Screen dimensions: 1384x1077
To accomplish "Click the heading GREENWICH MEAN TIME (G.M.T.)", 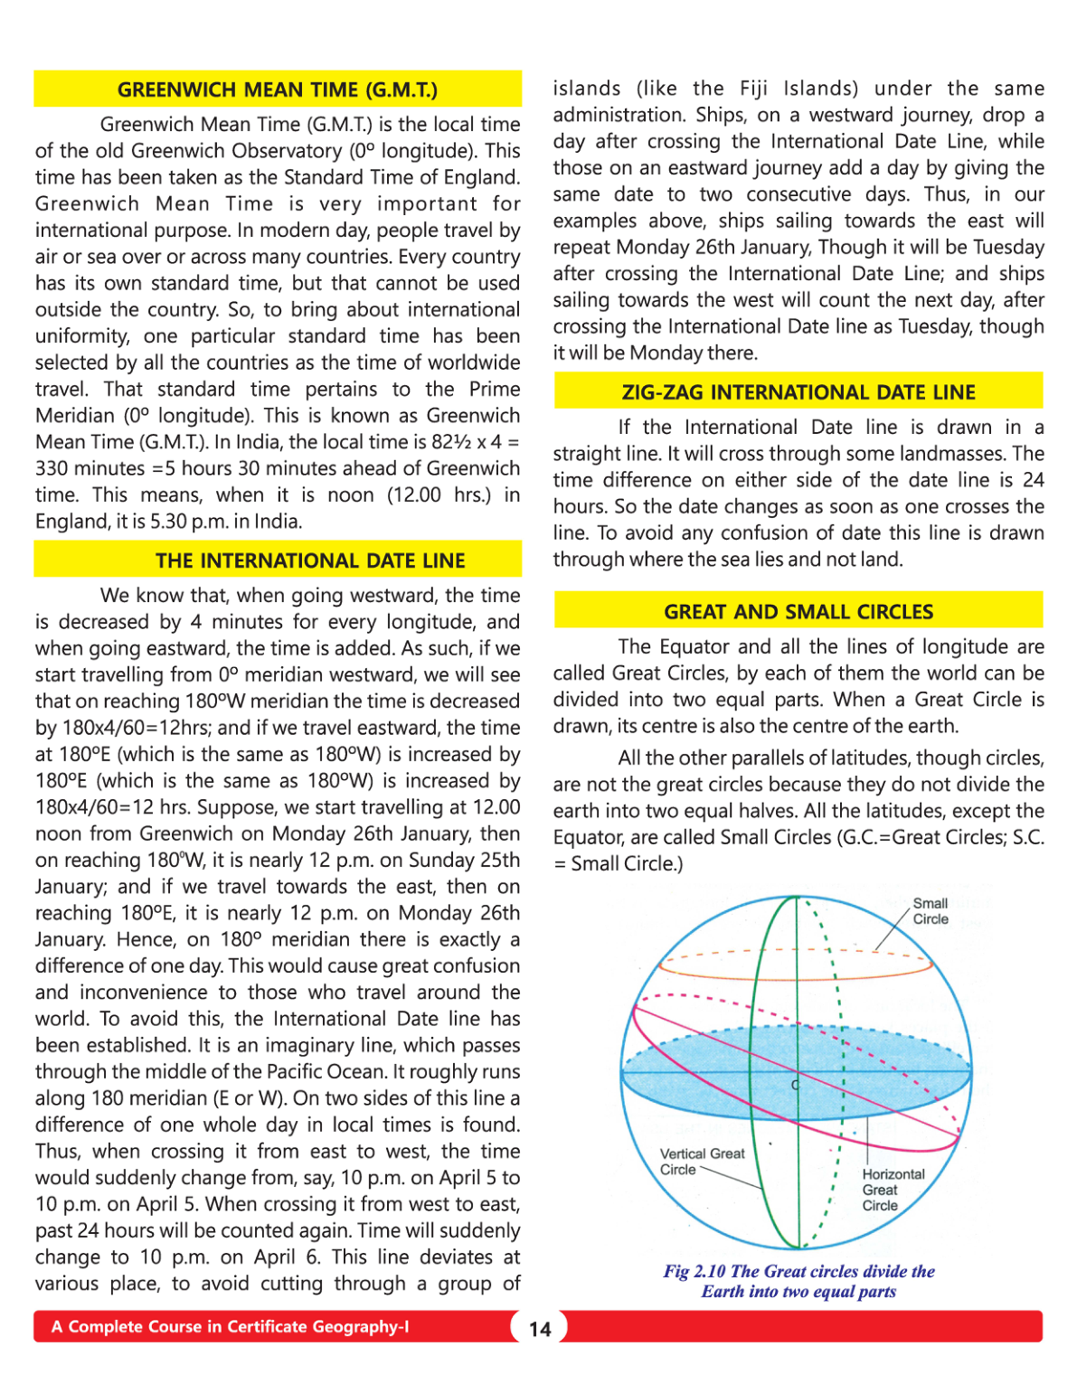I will coord(277,89).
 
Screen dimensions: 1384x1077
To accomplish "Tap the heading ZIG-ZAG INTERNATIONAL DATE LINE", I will coord(798,392).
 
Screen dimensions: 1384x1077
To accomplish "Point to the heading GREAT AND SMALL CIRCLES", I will coord(798,612).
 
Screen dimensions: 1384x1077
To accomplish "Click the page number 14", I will coord(540,1329).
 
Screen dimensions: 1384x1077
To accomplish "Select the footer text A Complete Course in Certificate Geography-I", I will coord(230,1327).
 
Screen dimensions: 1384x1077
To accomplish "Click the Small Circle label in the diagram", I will coord(930,911).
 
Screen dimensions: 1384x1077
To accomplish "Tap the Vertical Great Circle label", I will coord(702,1162).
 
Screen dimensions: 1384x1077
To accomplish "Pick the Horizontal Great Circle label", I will coord(893,1190).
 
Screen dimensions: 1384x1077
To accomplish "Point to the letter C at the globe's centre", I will coord(796,1085).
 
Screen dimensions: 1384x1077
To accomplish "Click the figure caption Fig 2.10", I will coord(798,1281).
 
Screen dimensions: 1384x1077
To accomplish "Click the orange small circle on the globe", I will coord(796,975).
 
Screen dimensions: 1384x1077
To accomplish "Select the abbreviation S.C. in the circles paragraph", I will coord(1028,837).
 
